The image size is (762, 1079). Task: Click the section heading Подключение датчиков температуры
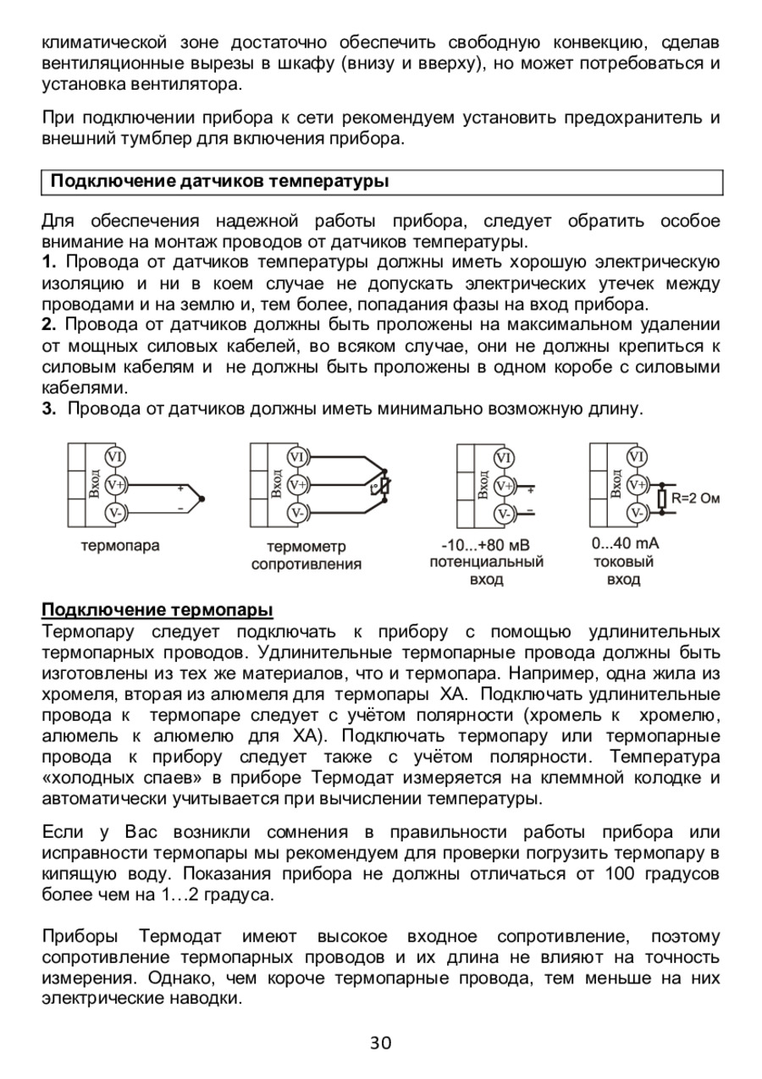click(219, 182)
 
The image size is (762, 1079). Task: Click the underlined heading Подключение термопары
click(157, 610)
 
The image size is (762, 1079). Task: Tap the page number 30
click(381, 1043)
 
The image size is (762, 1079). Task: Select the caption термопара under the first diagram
click(120, 546)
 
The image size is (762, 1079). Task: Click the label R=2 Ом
click(696, 498)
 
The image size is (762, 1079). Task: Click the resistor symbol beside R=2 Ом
click(662, 498)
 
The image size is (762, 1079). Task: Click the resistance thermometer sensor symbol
click(384, 487)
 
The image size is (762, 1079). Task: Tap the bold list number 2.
click(48, 326)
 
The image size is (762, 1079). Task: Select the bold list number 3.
click(48, 410)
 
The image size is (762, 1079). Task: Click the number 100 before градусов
click(621, 873)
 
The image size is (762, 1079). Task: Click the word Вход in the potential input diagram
click(483, 485)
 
